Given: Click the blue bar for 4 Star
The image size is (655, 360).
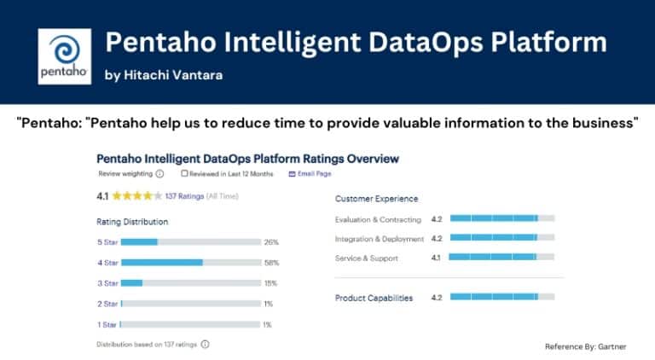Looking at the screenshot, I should click(x=162, y=262).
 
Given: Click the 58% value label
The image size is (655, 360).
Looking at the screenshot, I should click(x=271, y=262).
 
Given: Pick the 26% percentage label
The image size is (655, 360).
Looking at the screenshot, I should click(x=271, y=241).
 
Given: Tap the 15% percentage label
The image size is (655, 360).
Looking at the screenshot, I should click(x=271, y=282).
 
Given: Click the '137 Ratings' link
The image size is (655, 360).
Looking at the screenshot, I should click(x=183, y=195).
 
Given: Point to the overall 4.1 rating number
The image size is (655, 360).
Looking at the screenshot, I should click(x=103, y=195).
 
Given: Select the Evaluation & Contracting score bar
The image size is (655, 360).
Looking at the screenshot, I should click(x=501, y=219).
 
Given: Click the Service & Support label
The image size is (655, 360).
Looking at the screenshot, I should click(x=367, y=258).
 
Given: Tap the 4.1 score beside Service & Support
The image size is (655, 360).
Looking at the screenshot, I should click(x=436, y=258).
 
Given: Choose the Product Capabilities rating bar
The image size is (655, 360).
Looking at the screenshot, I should click(x=501, y=297).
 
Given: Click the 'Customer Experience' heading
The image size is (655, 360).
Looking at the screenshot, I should click(x=376, y=199).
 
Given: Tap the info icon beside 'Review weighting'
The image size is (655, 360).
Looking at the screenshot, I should click(x=159, y=174).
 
